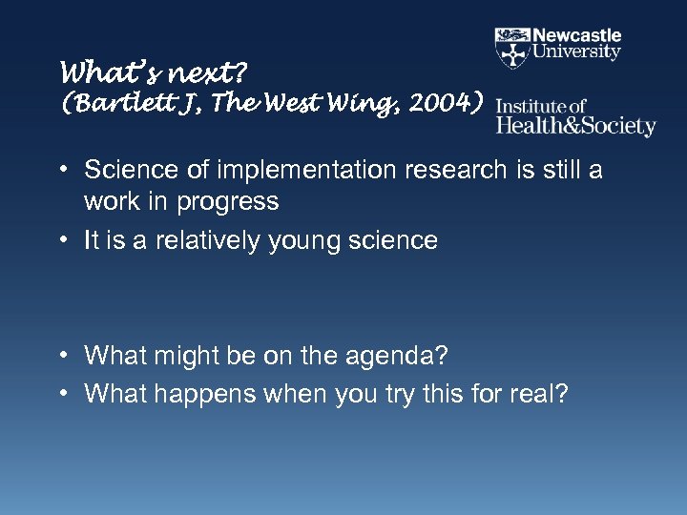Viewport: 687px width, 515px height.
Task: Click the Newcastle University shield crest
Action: point(512,48)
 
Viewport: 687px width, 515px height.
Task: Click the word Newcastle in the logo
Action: point(577,36)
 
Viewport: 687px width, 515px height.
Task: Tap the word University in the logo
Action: point(577,52)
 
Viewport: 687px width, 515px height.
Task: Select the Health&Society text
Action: point(576,125)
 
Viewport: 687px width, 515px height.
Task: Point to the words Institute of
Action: point(541,106)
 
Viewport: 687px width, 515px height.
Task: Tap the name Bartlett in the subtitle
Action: point(112,103)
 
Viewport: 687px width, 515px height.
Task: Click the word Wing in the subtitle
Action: point(345,103)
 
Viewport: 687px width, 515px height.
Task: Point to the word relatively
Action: point(207,239)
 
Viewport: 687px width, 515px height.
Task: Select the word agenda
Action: point(401,356)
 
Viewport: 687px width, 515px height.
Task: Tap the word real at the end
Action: point(540,394)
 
